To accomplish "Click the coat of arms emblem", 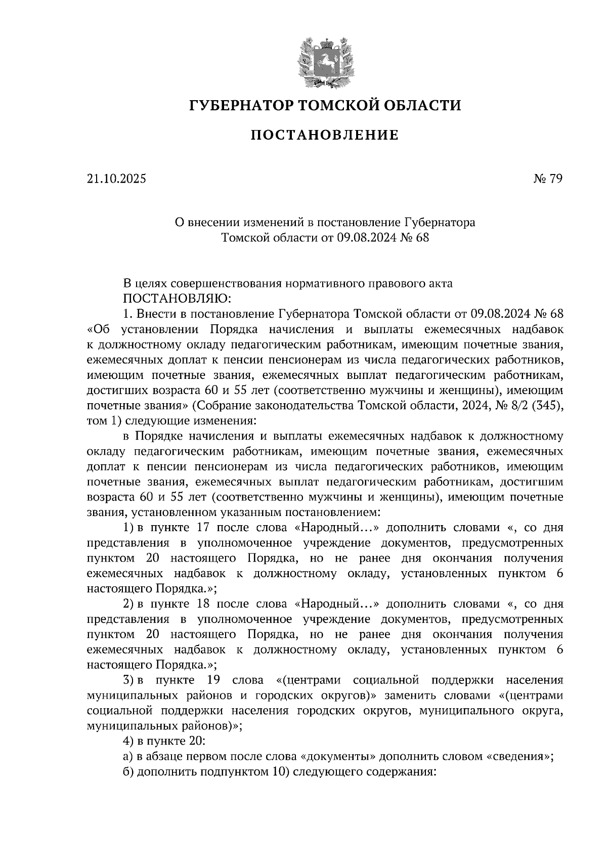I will coord(325,60).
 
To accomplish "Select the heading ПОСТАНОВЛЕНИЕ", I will coord(325,135).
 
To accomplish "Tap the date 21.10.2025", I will coord(116,179).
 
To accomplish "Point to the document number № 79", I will coord(547,179).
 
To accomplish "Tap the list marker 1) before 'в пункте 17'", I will coord(128,528).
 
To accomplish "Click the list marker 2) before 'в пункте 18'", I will coord(128,604).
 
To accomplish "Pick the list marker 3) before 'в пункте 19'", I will coord(128,680).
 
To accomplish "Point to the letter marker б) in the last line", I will coord(128,772).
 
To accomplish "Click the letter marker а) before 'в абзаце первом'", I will coord(128,757).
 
